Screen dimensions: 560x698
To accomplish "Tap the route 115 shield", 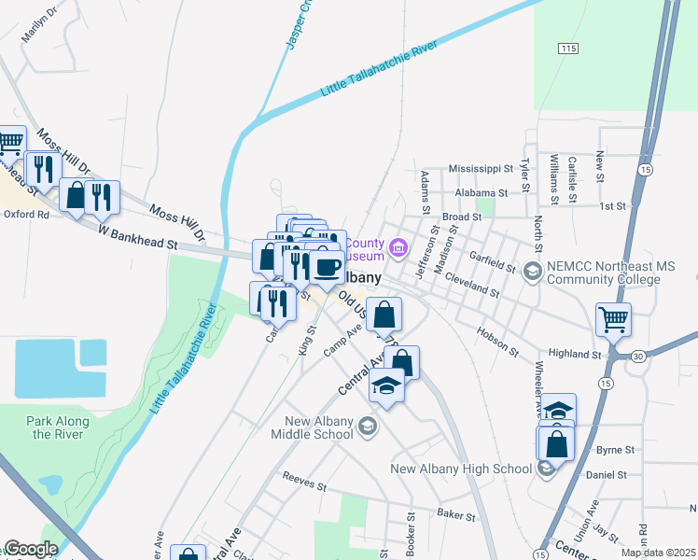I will click(x=569, y=48).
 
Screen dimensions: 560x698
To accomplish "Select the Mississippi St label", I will click(x=481, y=169).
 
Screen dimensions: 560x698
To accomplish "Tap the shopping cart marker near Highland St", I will click(x=614, y=319).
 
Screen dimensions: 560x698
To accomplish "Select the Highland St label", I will click(x=576, y=355).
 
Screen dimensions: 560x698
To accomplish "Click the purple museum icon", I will click(x=398, y=247).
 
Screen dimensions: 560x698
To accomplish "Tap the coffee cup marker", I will click(x=326, y=268).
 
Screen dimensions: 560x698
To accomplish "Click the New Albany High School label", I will click(x=461, y=469).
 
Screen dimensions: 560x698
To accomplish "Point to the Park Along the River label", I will click(x=58, y=427).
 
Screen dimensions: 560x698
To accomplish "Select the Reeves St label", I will click(x=304, y=484).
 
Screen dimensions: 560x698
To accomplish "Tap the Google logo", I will click(x=31, y=549).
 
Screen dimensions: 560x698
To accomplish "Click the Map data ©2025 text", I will click(x=657, y=553).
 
